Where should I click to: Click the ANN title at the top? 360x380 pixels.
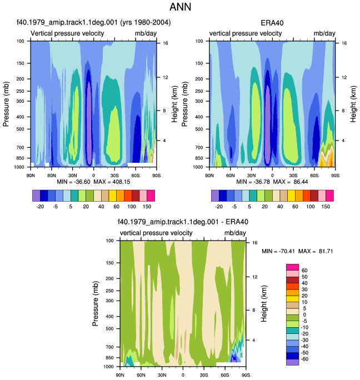tap(180, 7)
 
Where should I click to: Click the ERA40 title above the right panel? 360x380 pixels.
tap(272, 23)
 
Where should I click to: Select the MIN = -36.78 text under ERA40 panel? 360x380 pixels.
tap(253, 182)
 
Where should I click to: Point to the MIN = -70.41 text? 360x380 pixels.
tap(278, 251)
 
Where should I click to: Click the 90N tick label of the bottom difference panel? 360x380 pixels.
tap(120, 375)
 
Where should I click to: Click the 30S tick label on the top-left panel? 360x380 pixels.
tap(114, 176)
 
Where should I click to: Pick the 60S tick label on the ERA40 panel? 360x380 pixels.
tap(314, 176)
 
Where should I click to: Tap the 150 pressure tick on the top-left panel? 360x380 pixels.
tap(21, 63)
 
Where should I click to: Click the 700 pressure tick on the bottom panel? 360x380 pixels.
tap(109, 347)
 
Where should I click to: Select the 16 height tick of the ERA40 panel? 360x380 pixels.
tap(344, 43)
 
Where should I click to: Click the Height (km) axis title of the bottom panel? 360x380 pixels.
tap(264, 304)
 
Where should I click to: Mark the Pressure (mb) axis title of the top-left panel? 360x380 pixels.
tap(6, 104)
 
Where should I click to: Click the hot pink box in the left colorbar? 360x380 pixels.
tap(151, 196)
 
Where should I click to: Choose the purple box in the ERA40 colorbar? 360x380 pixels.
tap(215, 196)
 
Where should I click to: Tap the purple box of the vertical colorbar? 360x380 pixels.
tap(292, 362)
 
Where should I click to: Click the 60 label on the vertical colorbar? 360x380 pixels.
tap(304, 271)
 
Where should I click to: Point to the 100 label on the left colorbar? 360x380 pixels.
tap(132, 207)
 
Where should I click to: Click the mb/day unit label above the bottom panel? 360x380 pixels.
tap(235, 233)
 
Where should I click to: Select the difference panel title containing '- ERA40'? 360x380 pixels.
tap(183, 222)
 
